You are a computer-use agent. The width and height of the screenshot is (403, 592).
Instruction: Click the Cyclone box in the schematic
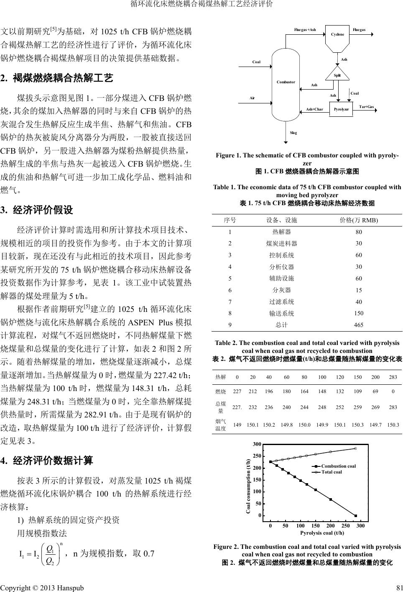[337, 34]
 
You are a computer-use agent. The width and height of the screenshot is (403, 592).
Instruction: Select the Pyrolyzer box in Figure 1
[341, 109]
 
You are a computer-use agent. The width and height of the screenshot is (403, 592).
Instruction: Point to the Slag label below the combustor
[293, 133]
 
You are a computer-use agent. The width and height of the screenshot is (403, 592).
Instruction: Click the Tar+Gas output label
[367, 107]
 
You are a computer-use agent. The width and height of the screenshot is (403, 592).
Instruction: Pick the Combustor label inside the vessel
[286, 82]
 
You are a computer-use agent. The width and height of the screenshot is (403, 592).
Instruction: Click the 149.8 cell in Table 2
[287, 425]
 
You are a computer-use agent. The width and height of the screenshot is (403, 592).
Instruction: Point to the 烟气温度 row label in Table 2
[220, 425]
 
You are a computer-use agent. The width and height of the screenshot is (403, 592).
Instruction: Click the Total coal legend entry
[332, 472]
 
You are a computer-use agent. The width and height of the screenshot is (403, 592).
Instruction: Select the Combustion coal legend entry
[338, 466]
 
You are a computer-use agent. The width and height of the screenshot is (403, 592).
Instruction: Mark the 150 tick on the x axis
[316, 525]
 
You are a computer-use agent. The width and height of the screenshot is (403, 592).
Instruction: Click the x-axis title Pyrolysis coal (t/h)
[322, 533]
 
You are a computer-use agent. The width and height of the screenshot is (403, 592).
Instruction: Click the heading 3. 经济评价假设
[37, 210]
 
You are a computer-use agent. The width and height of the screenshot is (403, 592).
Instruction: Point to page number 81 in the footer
[398, 587]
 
